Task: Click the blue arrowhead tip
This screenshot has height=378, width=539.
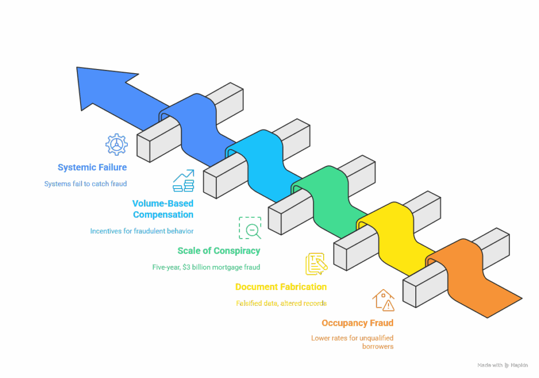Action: pos(77,68)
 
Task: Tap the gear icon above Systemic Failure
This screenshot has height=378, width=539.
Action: pos(116,144)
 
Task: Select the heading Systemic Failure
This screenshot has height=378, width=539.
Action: pos(92,167)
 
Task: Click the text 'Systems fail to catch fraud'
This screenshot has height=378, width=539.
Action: pos(86,184)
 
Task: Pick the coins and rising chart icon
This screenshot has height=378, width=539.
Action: pos(184,181)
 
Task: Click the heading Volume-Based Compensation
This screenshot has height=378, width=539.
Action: pos(163,209)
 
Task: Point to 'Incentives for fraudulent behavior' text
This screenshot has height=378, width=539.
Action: pos(142,231)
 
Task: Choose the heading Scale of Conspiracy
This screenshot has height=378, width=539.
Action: pos(218,251)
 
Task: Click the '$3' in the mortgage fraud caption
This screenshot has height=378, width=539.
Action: pos(186,267)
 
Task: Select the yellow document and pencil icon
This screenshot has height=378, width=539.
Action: pos(316,264)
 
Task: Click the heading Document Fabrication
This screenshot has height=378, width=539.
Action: pos(281,287)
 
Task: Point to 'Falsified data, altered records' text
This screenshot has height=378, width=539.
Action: pos(281,303)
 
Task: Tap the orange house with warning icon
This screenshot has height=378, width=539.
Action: pos(383,300)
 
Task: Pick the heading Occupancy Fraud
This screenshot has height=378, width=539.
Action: pos(357,323)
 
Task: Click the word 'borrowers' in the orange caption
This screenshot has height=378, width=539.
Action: pos(378,346)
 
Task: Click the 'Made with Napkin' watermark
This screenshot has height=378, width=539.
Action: pos(503,365)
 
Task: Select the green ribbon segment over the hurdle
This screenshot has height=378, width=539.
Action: pos(328,200)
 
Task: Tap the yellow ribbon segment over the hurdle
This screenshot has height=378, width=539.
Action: pos(395,237)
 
